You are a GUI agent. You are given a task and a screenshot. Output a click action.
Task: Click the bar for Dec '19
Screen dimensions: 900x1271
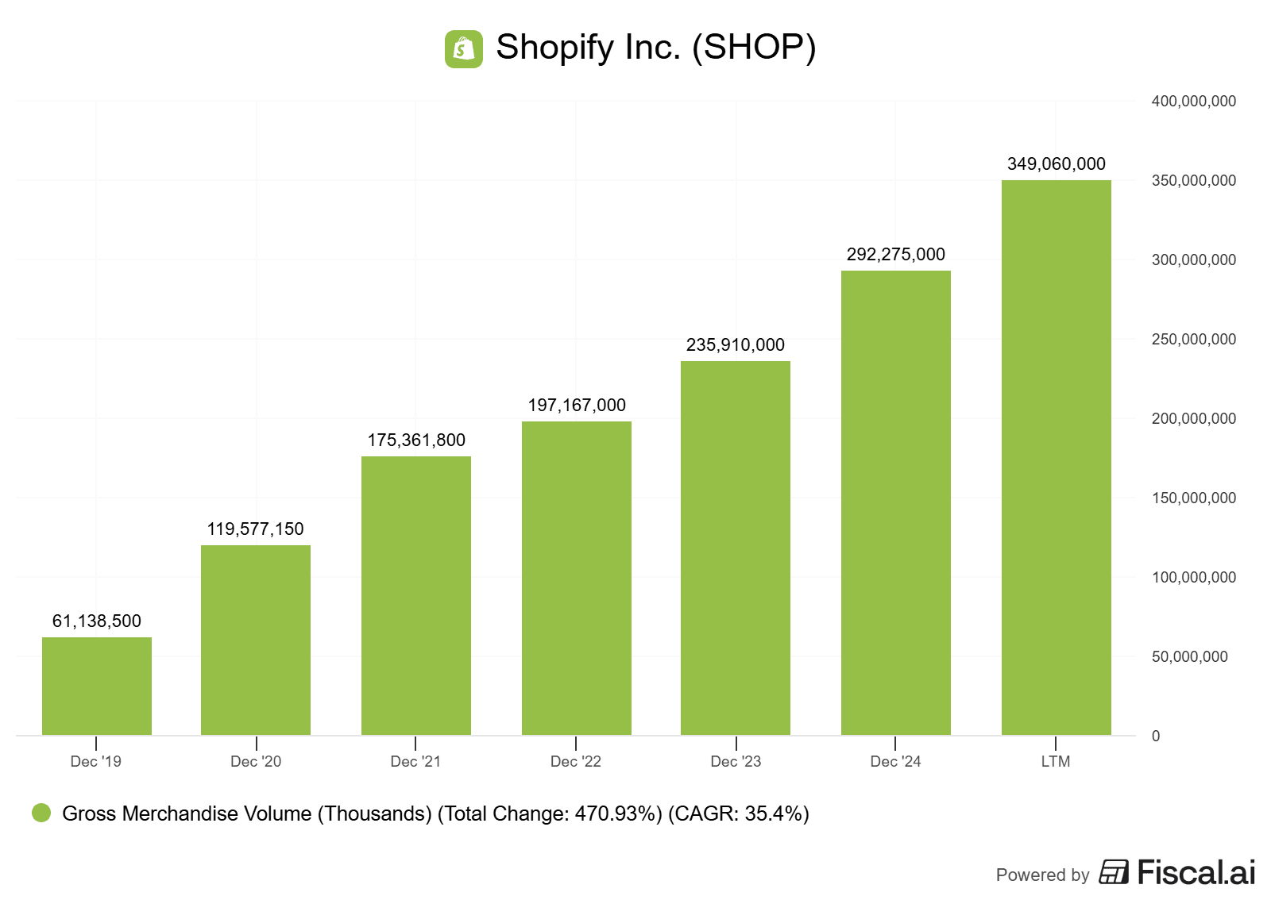point(97,686)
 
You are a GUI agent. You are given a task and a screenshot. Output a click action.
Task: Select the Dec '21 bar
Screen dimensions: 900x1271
point(416,595)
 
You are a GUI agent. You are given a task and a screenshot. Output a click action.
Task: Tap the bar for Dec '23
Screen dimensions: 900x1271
point(736,548)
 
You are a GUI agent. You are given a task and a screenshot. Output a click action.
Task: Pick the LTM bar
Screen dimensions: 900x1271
point(1056,457)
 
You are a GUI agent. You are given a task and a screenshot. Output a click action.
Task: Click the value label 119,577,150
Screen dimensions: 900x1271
point(256,529)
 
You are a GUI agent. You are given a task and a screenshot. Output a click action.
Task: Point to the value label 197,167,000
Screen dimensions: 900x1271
point(577,406)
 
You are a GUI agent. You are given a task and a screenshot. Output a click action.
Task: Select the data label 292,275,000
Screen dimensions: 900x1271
point(896,255)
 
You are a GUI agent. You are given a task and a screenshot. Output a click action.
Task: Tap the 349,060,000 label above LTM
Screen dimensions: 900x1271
point(1057,164)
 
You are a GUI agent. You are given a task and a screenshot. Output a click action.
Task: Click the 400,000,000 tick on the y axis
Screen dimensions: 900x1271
point(1193,102)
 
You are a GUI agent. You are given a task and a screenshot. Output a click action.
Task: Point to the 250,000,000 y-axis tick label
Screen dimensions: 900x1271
point(1193,340)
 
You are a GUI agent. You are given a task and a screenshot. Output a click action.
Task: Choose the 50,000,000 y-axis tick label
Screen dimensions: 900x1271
point(1189,657)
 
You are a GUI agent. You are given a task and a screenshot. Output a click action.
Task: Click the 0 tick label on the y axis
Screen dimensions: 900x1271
point(1156,737)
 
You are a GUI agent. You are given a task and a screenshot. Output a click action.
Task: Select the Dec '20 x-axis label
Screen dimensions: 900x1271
point(256,762)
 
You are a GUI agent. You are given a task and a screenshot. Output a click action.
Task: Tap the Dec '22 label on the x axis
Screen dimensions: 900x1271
point(576,762)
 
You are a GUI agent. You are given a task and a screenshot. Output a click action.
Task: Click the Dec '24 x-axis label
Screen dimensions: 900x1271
point(895,762)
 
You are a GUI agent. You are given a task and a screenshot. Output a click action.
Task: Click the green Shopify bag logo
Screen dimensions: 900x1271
point(464,49)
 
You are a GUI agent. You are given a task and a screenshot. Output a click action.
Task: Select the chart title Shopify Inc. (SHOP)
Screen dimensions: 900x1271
point(656,48)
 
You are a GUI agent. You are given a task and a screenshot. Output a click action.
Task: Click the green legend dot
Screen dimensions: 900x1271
point(41,813)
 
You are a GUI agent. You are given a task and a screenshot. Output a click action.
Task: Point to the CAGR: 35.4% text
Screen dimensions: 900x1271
point(739,814)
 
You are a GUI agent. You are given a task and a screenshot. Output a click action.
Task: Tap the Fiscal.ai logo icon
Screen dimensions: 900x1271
point(1114,872)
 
